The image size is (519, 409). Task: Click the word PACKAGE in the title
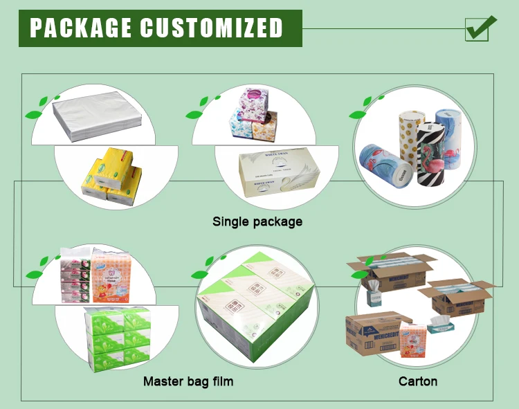point(81,28)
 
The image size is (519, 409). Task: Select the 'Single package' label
point(257,222)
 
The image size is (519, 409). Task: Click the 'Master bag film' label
point(188,381)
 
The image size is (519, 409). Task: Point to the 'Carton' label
point(418,381)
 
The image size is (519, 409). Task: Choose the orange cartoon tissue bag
point(111,276)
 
